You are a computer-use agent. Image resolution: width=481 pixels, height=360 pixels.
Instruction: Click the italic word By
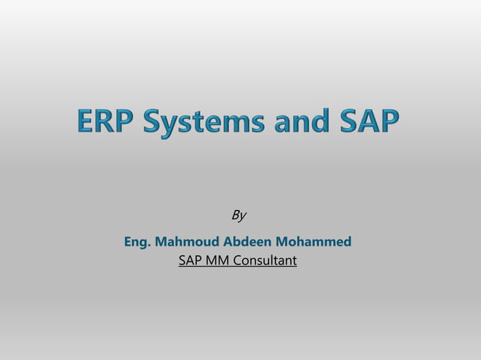[238, 216]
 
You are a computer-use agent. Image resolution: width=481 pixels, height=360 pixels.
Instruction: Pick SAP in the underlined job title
[191, 261]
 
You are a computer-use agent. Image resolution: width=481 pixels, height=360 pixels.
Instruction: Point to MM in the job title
[219, 261]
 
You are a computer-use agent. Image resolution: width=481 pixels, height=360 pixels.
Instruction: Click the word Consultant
[266, 261]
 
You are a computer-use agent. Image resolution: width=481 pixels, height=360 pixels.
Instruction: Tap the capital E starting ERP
[85, 122]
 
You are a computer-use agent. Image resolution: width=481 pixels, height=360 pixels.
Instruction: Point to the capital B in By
[234, 215]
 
